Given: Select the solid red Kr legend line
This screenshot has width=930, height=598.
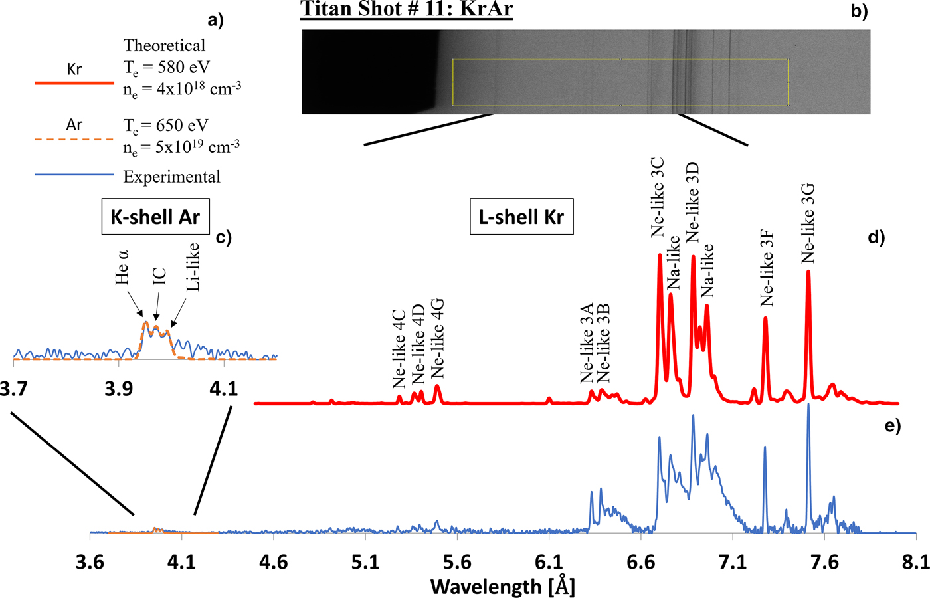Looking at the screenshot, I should [x=74, y=83].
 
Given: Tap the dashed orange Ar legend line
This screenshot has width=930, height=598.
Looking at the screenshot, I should [x=74, y=140].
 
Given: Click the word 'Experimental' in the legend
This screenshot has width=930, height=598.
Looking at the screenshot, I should [x=171, y=177].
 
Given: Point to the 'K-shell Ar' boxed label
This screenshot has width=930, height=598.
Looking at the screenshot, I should [x=155, y=217].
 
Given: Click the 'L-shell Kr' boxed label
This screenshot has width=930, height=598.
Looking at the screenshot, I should [x=521, y=217].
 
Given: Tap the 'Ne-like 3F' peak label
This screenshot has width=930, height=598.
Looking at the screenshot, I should [x=767, y=268].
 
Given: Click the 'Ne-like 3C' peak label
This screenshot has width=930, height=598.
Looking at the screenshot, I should [x=657, y=197].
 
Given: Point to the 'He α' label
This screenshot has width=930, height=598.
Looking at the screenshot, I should [x=122, y=267].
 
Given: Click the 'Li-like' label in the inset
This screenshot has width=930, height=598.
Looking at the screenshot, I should [x=193, y=266].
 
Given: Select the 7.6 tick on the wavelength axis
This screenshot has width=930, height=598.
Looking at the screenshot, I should [x=824, y=562].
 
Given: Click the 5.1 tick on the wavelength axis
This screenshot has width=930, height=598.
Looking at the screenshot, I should [x=365, y=562].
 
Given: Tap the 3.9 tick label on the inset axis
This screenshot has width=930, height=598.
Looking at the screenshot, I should [x=118, y=388].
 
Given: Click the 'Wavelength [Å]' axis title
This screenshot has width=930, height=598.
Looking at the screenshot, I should [x=502, y=586].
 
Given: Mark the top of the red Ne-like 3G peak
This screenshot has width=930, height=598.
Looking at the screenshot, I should [x=808, y=271].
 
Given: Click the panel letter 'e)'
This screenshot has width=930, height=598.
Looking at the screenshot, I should [x=892, y=426].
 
